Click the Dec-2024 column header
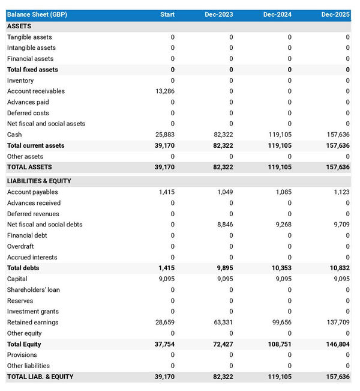pyautogui.click(x=277, y=14)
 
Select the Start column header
pyautogui.click(x=167, y=14)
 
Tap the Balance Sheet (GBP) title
pyautogui.click(x=37, y=14)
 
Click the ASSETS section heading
pyautogui.click(x=19, y=26)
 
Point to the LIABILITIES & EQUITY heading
pyautogui.click(x=39, y=181)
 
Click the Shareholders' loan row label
pyautogui.click(x=34, y=290)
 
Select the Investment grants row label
pyautogui.click(x=33, y=312)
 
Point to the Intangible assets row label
pyautogui.click(x=31, y=48)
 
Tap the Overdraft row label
pyautogui.click(x=20, y=246)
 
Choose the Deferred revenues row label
pyautogui.click(x=33, y=214)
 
